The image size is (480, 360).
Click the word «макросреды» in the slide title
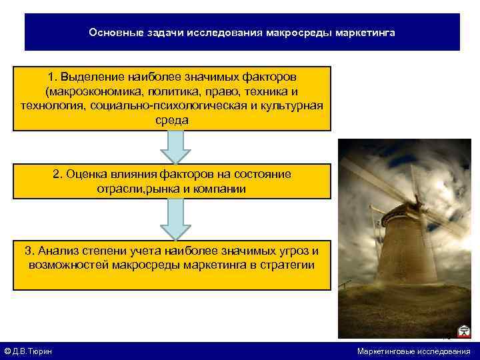(294, 32)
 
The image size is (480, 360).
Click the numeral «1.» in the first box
(54, 79)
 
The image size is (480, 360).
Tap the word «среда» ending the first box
(172, 120)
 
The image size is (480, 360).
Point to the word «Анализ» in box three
(59, 251)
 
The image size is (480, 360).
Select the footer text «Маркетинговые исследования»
(413, 351)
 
